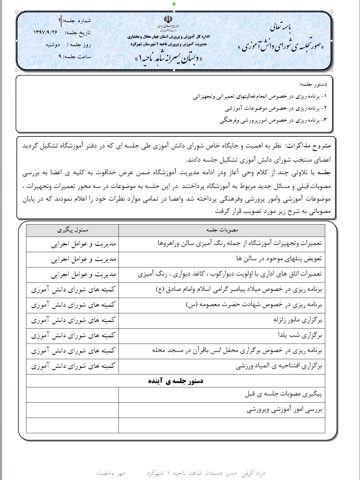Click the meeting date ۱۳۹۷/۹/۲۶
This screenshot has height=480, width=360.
pyautogui.click(x=46, y=32)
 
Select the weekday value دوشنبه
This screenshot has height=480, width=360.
pyautogui.click(x=53, y=45)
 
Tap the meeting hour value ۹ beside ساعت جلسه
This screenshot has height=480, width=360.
pyautogui.click(x=60, y=56)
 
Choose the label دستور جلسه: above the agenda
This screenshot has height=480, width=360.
pyautogui.click(x=313, y=84)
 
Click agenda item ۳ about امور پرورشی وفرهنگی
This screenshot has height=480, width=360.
pyautogui.click(x=273, y=121)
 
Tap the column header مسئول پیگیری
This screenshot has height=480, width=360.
pyautogui.click(x=73, y=230)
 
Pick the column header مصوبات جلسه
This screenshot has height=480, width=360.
pyautogui.click(x=222, y=230)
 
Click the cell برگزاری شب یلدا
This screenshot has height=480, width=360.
pyautogui.click(x=300, y=335)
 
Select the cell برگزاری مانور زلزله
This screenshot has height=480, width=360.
pyautogui.click(x=297, y=320)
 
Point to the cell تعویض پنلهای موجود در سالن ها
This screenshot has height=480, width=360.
pyautogui.click(x=279, y=259)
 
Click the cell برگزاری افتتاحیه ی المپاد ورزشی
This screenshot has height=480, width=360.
pyautogui.click(x=278, y=366)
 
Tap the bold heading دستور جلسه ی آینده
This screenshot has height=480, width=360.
pyautogui.click(x=175, y=381)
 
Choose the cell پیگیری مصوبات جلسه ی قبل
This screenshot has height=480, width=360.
pyautogui.click(x=283, y=394)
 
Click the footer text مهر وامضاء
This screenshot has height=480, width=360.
pyautogui.click(x=111, y=473)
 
